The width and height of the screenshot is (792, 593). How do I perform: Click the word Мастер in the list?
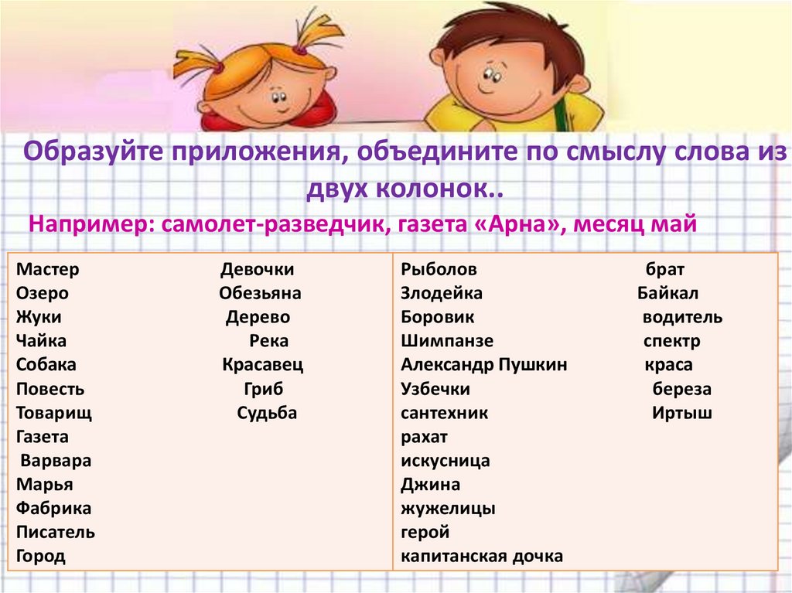[x=48, y=271]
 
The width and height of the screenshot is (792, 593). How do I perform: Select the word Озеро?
[x=42, y=294]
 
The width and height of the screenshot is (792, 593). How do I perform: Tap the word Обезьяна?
[x=260, y=294]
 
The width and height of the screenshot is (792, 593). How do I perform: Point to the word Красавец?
[x=263, y=365]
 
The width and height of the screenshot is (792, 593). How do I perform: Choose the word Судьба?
[x=267, y=413]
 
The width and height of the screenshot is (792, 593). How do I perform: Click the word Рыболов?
[x=439, y=271]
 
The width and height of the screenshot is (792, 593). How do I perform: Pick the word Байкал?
[x=668, y=294]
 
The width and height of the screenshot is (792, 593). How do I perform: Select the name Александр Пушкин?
[x=484, y=365]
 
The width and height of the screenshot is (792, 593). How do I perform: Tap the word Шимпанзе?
[x=447, y=341]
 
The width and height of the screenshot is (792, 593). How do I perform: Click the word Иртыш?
[x=681, y=413]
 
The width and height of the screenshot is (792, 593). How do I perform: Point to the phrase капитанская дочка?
[x=482, y=556]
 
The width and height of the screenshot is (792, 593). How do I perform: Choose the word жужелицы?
[x=449, y=509]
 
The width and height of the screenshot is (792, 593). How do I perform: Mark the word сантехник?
[x=444, y=413]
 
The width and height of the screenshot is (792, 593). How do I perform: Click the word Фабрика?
[x=53, y=509]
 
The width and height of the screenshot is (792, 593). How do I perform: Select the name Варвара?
[x=56, y=461]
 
